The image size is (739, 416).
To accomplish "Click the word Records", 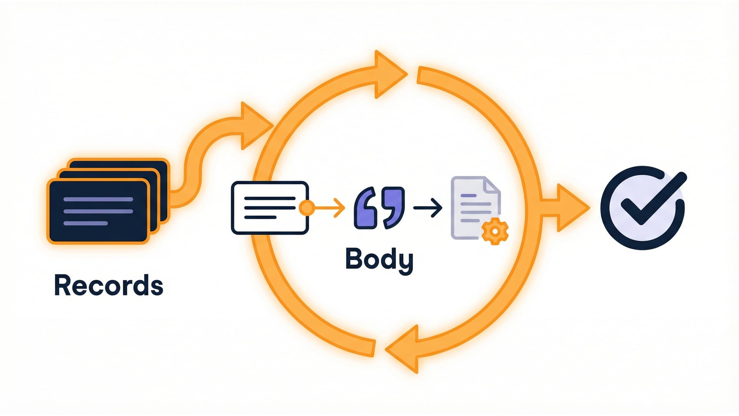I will [109, 285].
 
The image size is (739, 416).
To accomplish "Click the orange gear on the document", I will [495, 231].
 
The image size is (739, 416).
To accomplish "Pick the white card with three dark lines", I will [269, 208].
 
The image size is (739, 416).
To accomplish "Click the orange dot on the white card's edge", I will [307, 208].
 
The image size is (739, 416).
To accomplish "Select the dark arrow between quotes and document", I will [428, 208].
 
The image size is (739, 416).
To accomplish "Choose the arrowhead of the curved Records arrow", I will [254, 125].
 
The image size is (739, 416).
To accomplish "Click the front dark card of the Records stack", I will [98, 212].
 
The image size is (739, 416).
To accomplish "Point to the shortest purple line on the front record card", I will [85, 223].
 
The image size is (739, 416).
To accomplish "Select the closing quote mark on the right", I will [393, 206].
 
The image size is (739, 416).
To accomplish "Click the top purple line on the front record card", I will [98, 200].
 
